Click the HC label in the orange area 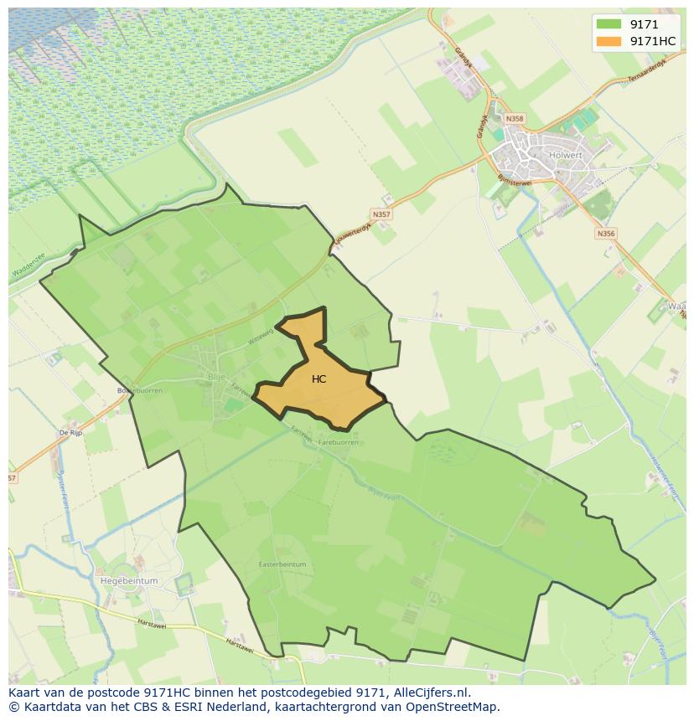click(319, 379)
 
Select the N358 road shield click(515, 119)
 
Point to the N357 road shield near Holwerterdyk click(381, 214)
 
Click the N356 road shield click(606, 234)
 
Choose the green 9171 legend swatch click(608, 24)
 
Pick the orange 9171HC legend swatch click(608, 41)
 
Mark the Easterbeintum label click(282, 564)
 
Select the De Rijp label click(70, 432)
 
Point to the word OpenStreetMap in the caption click(453, 707)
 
